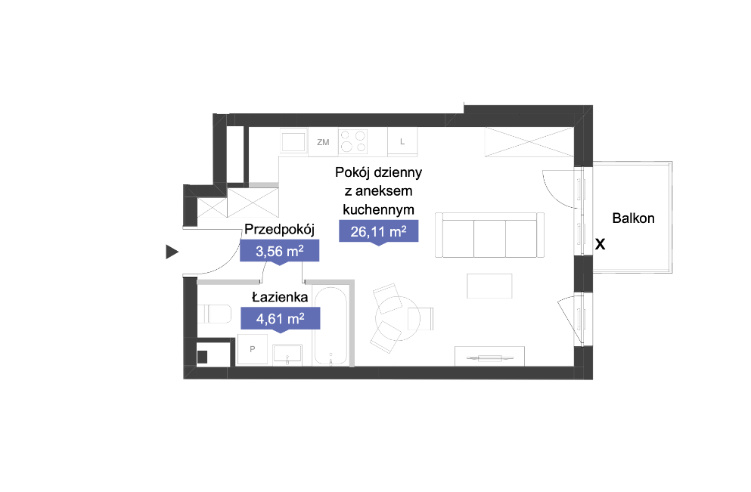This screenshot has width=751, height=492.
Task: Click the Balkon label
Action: tap(633, 218)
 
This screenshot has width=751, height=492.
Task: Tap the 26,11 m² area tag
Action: tap(378, 231)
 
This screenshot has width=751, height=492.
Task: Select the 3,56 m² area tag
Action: tap(279, 251)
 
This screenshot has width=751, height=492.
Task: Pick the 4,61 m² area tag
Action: tap(280, 318)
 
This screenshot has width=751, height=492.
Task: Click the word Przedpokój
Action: tap(279, 229)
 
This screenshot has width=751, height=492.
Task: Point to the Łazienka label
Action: tap(280, 297)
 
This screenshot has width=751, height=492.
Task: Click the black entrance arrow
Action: tap(172, 252)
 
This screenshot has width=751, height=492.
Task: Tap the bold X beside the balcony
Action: tap(600, 245)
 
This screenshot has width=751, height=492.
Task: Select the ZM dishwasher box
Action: tap(323, 142)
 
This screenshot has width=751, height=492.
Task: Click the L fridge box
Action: tap(402, 141)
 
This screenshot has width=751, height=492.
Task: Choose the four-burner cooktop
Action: tap(353, 141)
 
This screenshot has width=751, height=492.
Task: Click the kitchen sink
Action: tap(293, 141)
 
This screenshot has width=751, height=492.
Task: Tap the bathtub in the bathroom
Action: tap(331, 326)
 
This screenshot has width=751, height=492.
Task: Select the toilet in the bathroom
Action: tap(214, 314)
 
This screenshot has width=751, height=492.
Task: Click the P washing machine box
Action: tap(253, 349)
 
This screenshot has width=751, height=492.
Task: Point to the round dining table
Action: tap(398, 318)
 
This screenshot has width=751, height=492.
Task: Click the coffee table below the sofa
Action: tap(489, 286)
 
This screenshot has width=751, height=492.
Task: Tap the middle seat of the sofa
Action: tap(489, 238)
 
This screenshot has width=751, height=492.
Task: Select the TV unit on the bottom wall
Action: tap(489, 356)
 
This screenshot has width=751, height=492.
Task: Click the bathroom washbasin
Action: tap(287, 354)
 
